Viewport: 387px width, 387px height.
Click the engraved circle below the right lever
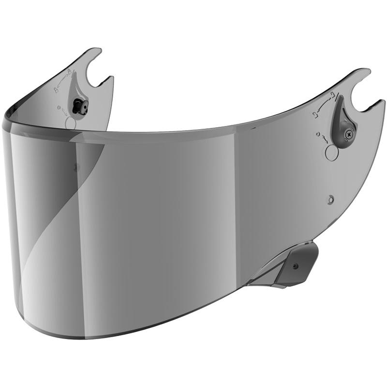[332, 152]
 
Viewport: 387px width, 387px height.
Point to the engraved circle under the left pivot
[70, 123]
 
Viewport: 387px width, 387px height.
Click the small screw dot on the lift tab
[296, 265]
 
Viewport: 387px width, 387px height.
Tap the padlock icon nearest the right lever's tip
[330, 96]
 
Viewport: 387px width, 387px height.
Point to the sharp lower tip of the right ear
[383, 102]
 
